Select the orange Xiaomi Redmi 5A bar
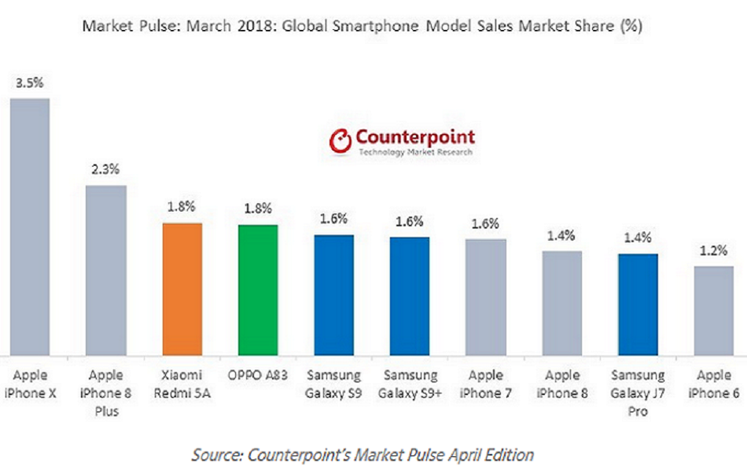pyautogui.click(x=182, y=289)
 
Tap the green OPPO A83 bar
pyautogui.click(x=257, y=289)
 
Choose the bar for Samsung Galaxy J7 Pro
pyautogui.click(x=638, y=304)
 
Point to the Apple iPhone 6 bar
pyautogui.click(x=713, y=311)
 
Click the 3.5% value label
pyautogui.click(x=30, y=82)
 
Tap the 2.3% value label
pyautogui.click(x=105, y=169)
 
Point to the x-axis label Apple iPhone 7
pyautogui.click(x=485, y=384)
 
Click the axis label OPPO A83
pyautogui.click(x=257, y=376)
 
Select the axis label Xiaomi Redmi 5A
pyautogui.click(x=182, y=384)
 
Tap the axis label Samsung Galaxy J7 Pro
pyautogui.click(x=638, y=393)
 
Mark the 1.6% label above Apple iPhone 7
pyautogui.click(x=485, y=223)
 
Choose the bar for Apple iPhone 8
pyautogui.click(x=561, y=303)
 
